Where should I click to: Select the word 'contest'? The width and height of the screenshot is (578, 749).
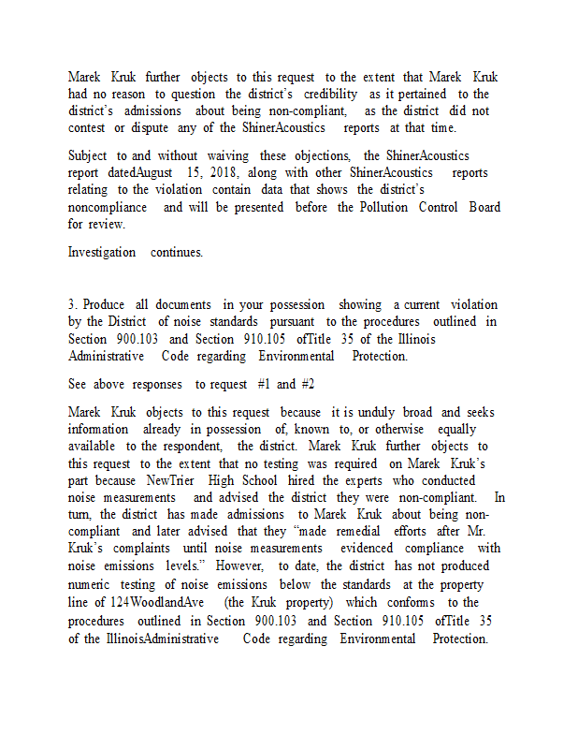pyautogui.click(x=86, y=127)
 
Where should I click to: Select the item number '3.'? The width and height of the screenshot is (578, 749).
pyautogui.click(x=73, y=304)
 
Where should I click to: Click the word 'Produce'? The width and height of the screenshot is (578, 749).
pyautogui.click(x=104, y=304)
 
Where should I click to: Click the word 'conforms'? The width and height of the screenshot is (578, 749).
pyautogui.click(x=412, y=602)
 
